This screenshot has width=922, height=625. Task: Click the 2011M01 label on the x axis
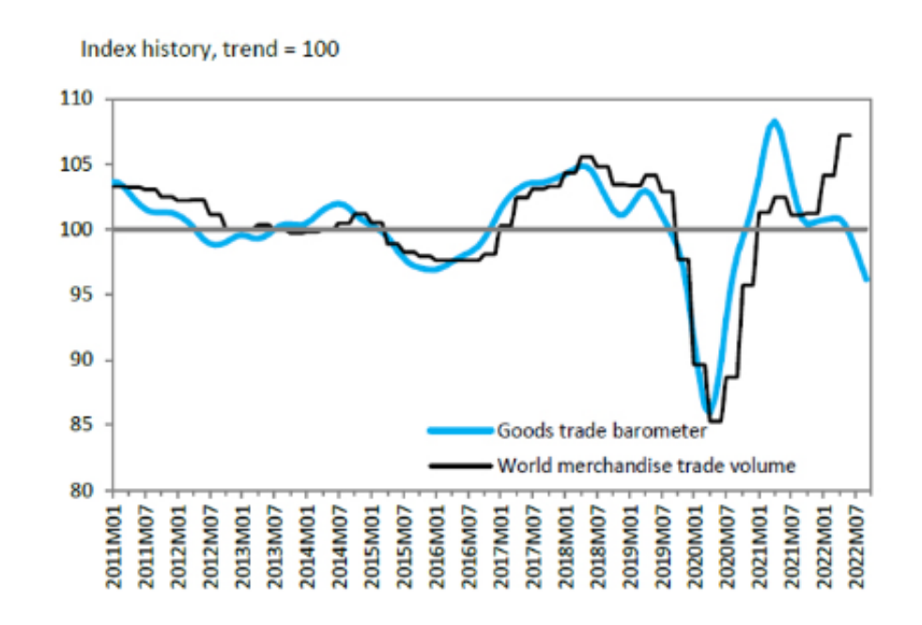coord(115,542)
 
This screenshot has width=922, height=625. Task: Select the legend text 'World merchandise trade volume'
coord(647,464)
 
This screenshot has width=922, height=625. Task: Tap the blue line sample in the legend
coord(460,431)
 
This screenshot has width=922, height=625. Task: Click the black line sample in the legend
coord(460,464)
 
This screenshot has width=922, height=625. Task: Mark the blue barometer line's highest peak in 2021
coord(774,121)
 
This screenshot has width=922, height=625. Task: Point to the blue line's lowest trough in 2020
coord(711,409)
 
